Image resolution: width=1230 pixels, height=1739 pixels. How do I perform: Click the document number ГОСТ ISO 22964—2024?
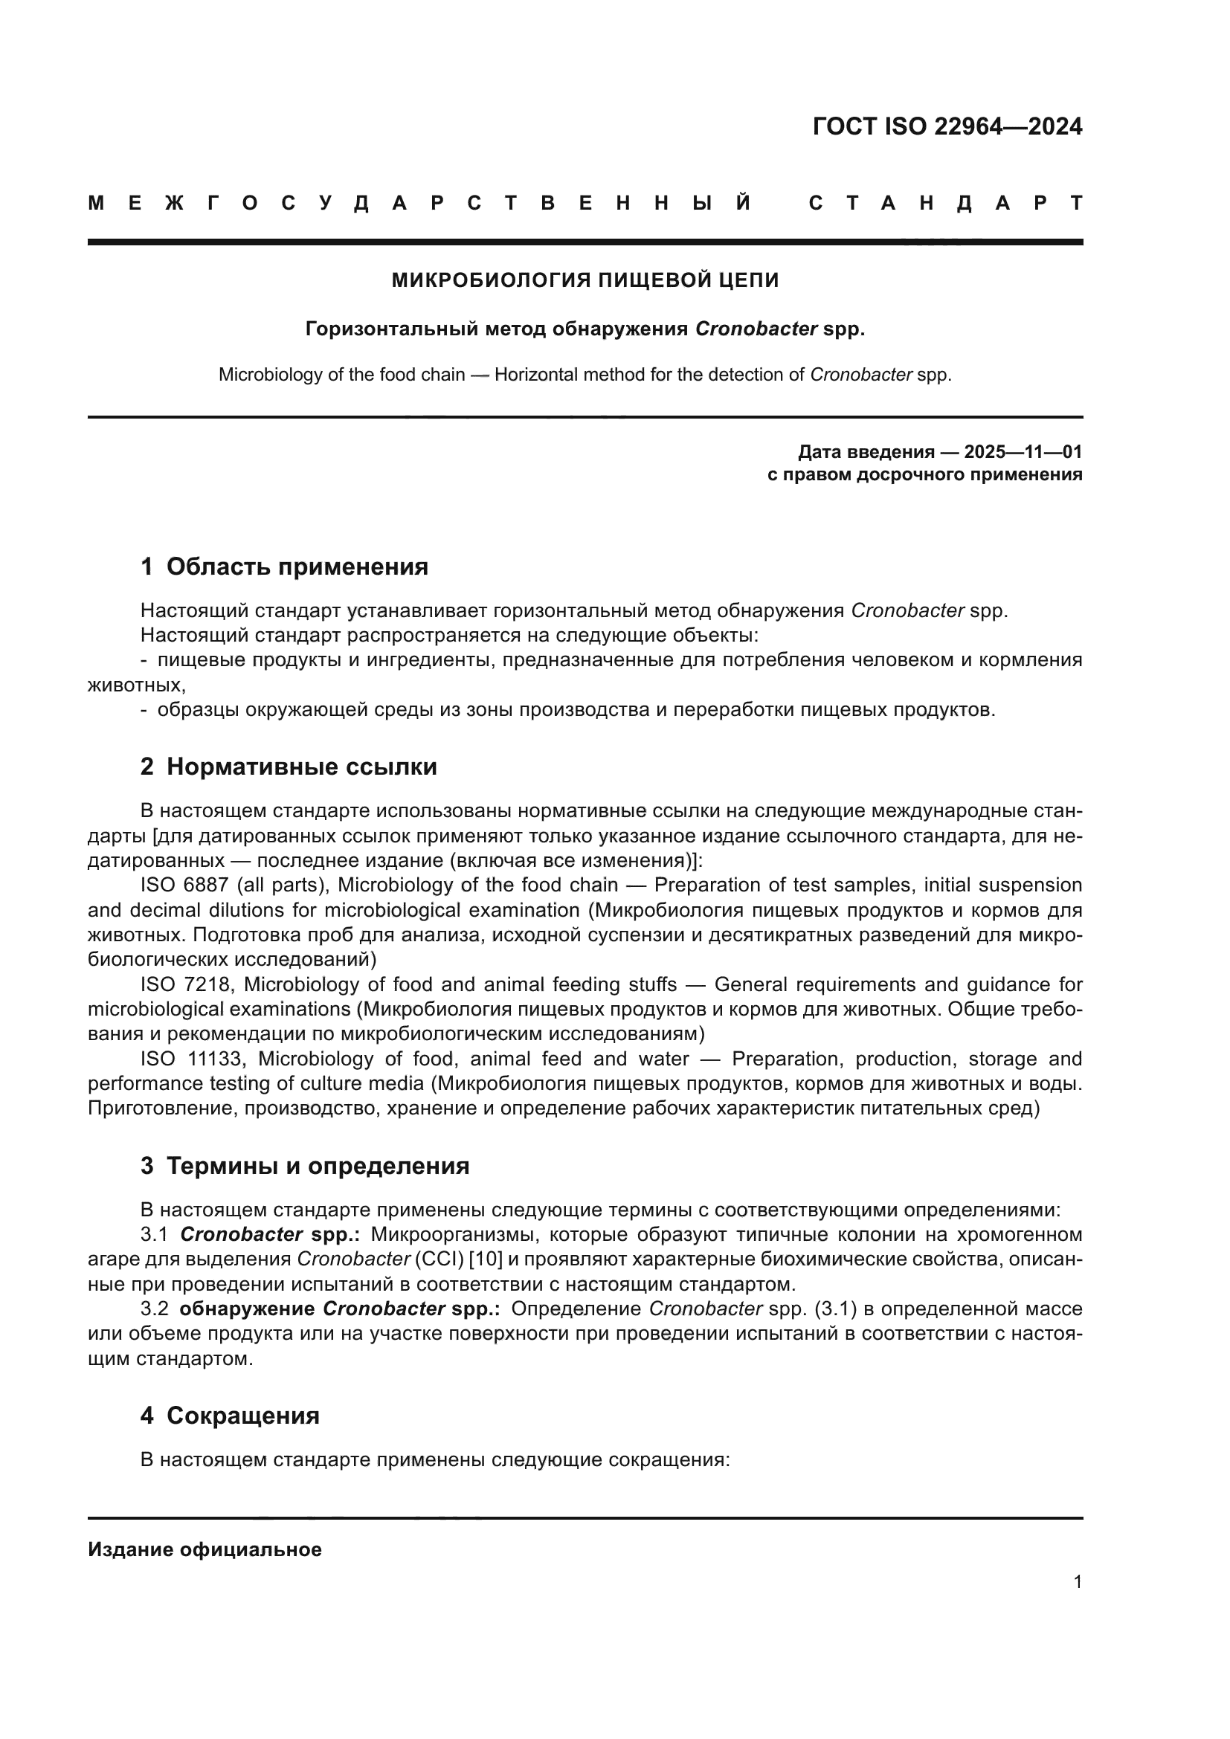tap(947, 126)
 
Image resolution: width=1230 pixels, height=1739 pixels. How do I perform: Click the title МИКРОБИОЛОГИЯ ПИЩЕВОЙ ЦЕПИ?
tap(585, 280)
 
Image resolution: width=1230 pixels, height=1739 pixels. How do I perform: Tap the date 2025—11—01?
tap(1023, 452)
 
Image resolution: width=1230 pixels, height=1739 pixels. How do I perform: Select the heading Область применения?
tap(297, 567)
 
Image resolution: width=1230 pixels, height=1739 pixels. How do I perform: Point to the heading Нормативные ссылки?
tap(301, 767)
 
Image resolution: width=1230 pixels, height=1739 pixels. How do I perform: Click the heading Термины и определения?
tap(318, 1166)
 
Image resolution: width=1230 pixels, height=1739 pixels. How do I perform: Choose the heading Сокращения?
tap(242, 1416)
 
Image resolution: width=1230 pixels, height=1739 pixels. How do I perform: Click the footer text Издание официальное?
tap(205, 1549)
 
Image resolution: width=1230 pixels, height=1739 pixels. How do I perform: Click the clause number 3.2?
tap(155, 1309)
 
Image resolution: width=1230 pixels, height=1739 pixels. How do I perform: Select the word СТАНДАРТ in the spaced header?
tap(945, 203)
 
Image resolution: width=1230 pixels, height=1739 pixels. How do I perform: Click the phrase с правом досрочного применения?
tap(924, 475)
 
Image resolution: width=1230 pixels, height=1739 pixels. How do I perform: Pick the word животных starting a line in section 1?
tap(135, 685)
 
